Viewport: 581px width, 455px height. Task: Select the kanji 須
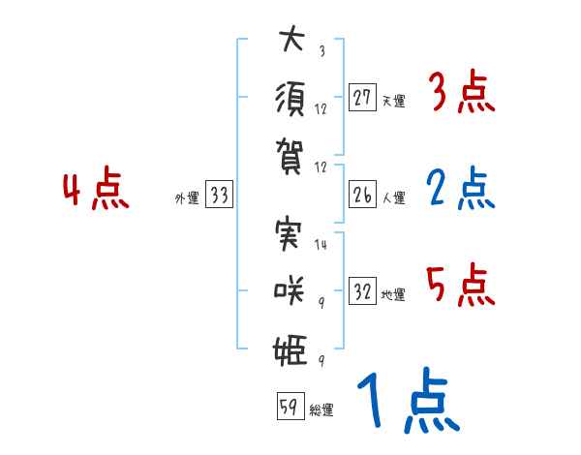pos(291,98)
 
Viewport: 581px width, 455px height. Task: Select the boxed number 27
pos(362,97)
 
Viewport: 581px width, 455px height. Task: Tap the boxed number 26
pos(362,195)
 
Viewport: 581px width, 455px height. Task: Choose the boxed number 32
pos(362,291)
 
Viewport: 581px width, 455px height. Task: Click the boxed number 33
pos(218,195)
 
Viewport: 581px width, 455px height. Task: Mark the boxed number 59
pos(288,407)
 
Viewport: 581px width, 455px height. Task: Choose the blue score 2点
pos(461,190)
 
